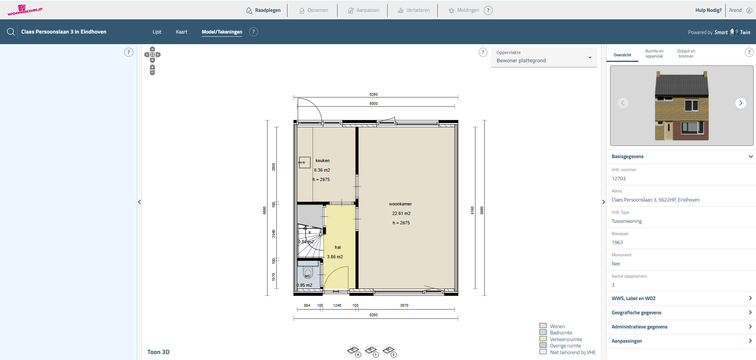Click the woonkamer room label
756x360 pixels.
(400, 204)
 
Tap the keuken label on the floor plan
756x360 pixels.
(323, 160)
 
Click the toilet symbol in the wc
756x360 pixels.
(308, 272)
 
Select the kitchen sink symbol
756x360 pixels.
(304, 162)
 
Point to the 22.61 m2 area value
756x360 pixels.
(401, 213)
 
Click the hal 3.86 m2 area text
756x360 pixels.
(335, 257)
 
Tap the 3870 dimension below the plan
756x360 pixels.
(404, 306)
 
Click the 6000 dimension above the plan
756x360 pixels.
(373, 104)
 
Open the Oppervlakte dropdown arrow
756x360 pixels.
(590, 58)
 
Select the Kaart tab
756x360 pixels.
(181, 32)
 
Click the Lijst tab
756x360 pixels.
(157, 32)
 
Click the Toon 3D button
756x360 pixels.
(158, 352)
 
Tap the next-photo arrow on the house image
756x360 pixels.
(741, 103)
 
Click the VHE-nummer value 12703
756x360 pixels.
(618, 179)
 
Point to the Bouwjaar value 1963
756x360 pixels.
(617, 242)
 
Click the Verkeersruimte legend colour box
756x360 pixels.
(543, 339)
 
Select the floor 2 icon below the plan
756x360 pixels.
(389, 351)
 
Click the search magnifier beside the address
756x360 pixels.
(11, 32)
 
